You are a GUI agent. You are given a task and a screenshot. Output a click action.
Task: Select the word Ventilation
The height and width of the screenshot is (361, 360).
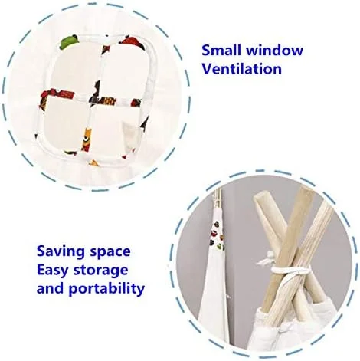click(x=241, y=69)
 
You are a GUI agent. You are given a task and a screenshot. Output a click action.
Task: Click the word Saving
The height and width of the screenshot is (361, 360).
click(x=61, y=252)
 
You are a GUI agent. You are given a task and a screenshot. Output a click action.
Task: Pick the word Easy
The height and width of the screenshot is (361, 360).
click(x=53, y=271)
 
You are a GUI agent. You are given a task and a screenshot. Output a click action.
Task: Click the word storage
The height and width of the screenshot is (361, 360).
click(x=100, y=271)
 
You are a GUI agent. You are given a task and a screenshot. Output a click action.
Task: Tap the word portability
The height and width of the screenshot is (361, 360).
click(x=106, y=289)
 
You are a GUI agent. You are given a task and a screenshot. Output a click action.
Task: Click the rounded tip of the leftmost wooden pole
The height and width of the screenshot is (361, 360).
click(x=259, y=199)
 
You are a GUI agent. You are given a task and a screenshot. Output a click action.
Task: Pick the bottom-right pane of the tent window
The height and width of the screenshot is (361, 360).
click(x=116, y=131)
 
